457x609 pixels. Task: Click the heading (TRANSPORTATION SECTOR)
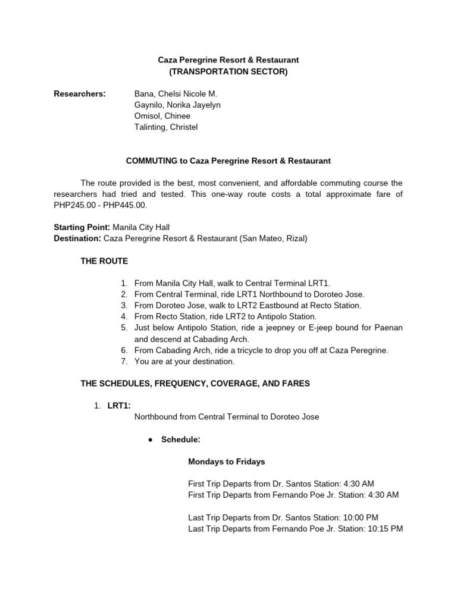pos(228,72)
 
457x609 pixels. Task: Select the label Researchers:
pos(80,94)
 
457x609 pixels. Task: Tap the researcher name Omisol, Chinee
pos(162,116)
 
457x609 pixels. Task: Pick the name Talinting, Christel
pos(166,127)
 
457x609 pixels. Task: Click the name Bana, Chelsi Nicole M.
pos(176,94)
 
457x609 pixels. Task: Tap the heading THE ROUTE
pos(104,261)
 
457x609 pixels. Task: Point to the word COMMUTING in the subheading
pos(147,161)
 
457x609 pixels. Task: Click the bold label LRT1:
pos(119,406)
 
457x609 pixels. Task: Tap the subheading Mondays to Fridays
pos(227,462)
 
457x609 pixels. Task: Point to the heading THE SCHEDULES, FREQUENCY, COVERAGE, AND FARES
pos(195,384)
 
